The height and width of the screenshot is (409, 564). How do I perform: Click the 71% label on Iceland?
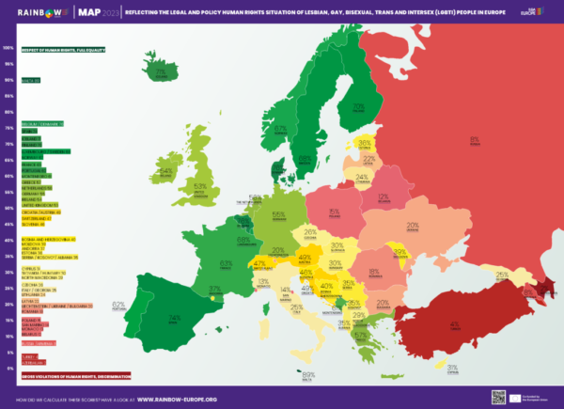(160, 71)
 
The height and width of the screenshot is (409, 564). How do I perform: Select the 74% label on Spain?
(174, 317)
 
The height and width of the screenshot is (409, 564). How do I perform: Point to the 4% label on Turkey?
(455, 324)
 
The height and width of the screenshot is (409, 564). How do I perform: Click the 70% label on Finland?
(358, 108)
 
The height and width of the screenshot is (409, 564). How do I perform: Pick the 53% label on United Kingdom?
(199, 186)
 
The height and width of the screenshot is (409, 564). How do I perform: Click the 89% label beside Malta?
(308, 375)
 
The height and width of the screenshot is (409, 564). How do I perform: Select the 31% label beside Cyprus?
(452, 368)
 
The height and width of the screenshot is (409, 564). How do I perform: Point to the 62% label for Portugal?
(118, 305)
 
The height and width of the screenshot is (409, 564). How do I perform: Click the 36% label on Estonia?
(365, 143)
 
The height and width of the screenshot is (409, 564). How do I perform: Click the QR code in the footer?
(498, 397)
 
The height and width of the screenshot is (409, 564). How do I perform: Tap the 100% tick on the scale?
(8, 47)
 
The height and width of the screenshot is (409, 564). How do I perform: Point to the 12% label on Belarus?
(383, 197)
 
